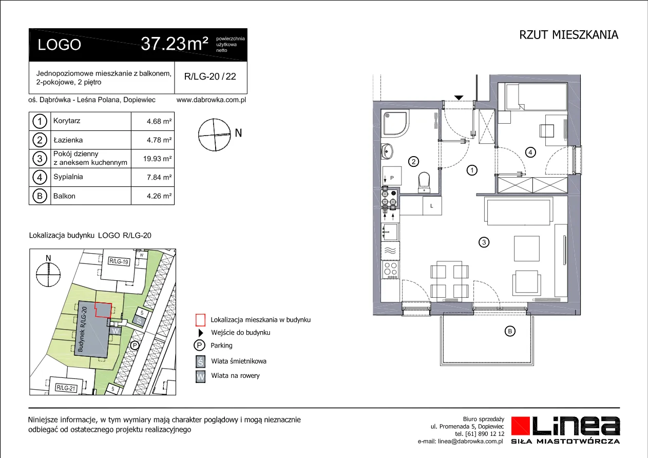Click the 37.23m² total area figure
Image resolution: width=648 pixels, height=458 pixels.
click(x=175, y=44)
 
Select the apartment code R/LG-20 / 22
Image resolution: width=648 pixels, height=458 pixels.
click(x=210, y=77)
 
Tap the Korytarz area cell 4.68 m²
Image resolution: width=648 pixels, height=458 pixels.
click(x=159, y=121)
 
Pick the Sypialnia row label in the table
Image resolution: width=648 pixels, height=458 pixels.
click(x=68, y=177)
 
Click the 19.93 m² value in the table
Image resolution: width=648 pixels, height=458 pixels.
click(x=157, y=159)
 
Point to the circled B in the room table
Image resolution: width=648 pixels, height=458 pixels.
click(x=40, y=196)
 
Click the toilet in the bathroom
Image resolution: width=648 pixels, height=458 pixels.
click(x=424, y=182)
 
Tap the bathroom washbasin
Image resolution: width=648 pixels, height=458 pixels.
click(x=387, y=151)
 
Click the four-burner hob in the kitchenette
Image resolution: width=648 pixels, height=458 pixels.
click(x=390, y=270)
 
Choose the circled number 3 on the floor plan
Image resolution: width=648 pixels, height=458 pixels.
click(x=484, y=242)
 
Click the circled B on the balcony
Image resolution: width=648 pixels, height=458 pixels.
click(x=510, y=331)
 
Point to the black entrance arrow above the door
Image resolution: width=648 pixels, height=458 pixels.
click(x=459, y=98)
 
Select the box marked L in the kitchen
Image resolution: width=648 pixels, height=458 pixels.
click(x=432, y=206)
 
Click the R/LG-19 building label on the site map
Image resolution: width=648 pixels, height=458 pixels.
click(x=119, y=261)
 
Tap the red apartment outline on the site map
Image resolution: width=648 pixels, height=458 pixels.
click(x=103, y=310)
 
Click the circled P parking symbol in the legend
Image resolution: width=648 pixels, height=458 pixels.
click(x=199, y=345)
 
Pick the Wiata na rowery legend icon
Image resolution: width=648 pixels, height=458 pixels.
click(x=200, y=377)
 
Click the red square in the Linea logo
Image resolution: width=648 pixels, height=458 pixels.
click(x=521, y=426)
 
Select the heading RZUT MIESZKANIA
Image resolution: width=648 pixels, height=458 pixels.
click(x=569, y=35)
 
